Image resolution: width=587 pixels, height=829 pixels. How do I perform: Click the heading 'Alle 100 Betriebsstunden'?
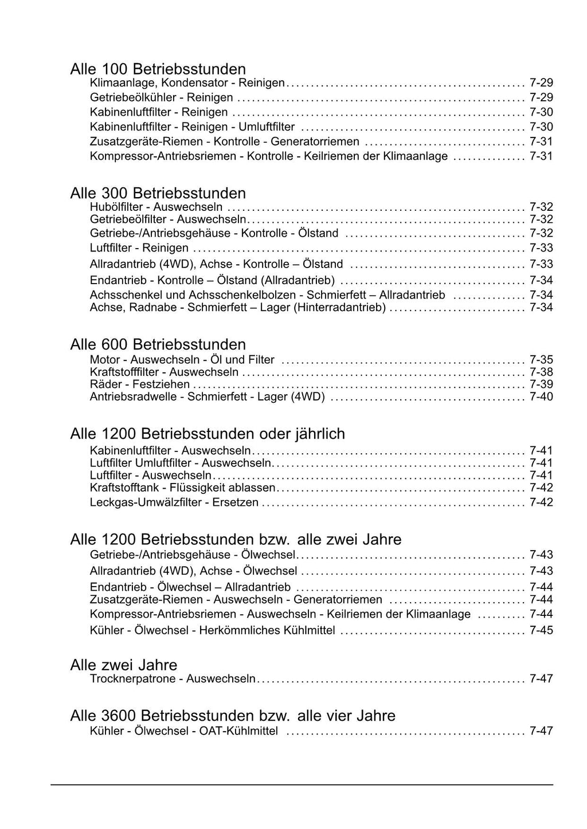(x=158, y=69)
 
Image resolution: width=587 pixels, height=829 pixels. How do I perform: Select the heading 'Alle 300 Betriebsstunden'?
(x=158, y=193)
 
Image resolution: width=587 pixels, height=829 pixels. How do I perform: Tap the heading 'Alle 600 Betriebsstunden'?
(x=158, y=344)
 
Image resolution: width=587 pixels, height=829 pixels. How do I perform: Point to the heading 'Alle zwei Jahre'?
(x=123, y=665)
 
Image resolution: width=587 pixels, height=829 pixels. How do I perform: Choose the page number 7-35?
(x=541, y=360)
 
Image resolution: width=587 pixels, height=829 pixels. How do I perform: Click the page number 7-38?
(x=541, y=372)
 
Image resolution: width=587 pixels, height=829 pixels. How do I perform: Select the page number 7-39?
(x=541, y=384)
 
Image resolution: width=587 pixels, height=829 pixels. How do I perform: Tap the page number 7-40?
(x=541, y=397)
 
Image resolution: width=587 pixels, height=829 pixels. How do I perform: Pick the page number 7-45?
(x=541, y=630)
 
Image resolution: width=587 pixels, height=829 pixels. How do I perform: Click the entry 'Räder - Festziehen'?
(x=140, y=384)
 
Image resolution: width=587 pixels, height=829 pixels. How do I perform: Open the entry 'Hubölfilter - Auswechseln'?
(x=156, y=207)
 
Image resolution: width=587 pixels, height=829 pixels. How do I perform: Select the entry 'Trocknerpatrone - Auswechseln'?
(x=173, y=679)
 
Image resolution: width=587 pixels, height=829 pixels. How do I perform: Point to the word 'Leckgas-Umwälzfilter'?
(x=146, y=502)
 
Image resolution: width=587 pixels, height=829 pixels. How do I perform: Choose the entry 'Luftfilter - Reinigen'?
(x=139, y=248)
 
